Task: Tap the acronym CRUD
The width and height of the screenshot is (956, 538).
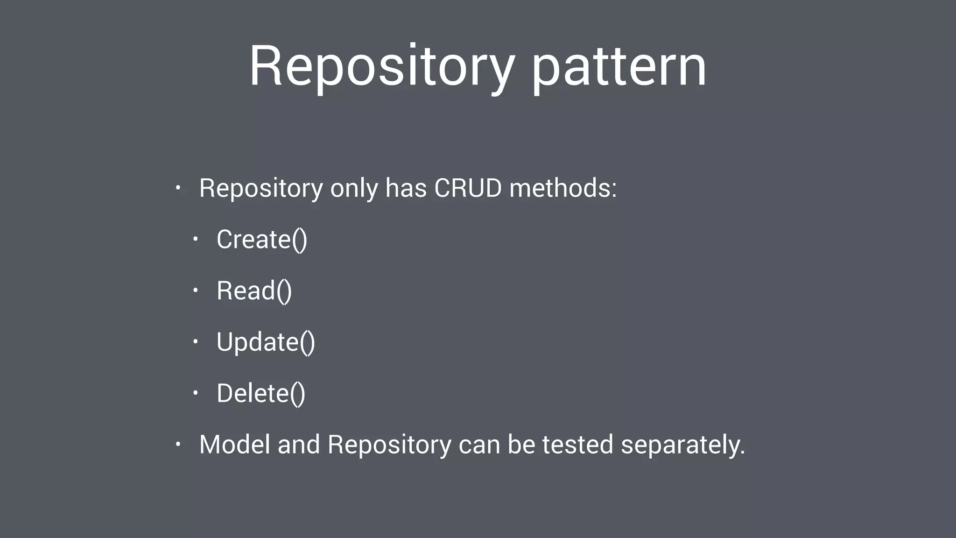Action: point(468,188)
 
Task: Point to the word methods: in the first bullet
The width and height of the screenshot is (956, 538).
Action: point(563,188)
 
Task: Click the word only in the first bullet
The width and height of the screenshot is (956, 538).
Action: point(354,188)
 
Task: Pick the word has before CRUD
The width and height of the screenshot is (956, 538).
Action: point(406,188)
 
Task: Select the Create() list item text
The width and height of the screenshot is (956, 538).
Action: point(262,239)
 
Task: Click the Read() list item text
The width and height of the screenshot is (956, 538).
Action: point(254,290)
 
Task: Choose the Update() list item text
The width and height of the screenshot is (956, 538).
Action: point(266,342)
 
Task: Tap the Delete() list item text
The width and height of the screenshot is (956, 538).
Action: point(261,393)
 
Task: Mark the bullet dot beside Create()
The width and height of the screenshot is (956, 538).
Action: point(196,240)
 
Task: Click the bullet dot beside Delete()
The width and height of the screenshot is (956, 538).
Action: point(196,393)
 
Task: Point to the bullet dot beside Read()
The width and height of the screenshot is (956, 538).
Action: point(196,290)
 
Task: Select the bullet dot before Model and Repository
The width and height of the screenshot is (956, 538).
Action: point(178,444)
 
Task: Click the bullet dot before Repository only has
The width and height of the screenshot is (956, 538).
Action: point(178,188)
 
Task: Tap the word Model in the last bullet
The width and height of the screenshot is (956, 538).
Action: point(235,444)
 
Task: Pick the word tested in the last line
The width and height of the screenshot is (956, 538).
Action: point(577,444)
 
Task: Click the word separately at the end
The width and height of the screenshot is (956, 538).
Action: point(682,444)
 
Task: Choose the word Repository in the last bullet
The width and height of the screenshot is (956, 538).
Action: point(389,444)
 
